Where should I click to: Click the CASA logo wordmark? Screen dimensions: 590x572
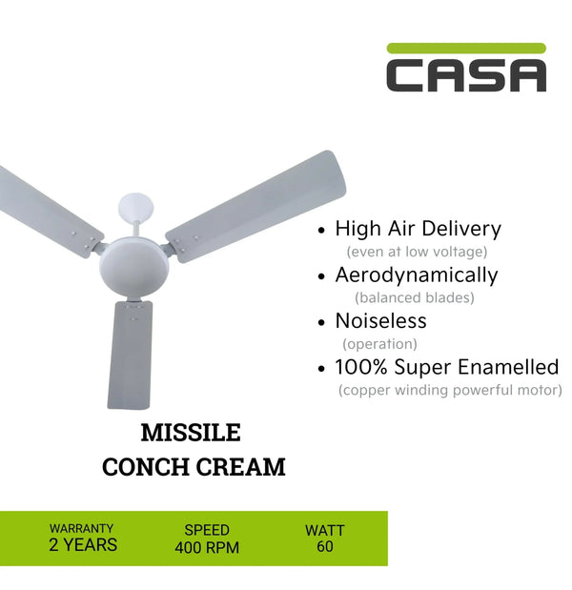pos(466,75)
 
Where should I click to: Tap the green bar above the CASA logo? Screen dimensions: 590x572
pos(466,48)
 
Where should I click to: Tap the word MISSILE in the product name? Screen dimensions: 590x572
pos(191,434)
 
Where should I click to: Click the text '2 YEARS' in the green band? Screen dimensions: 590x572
pos(83,546)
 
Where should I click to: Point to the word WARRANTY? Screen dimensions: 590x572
pos(82,528)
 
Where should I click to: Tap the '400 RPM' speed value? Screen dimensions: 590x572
pos(207,547)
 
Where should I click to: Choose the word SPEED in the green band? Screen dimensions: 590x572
pos(207,530)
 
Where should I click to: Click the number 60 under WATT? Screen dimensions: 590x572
pos(324,547)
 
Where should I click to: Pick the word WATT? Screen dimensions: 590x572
pos(324,530)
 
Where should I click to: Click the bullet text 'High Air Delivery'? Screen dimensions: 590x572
pos(418,229)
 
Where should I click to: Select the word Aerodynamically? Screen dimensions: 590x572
pos(416,275)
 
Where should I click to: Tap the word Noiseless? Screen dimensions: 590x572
pos(380,321)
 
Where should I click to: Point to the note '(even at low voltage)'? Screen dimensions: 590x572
pos(416,252)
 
